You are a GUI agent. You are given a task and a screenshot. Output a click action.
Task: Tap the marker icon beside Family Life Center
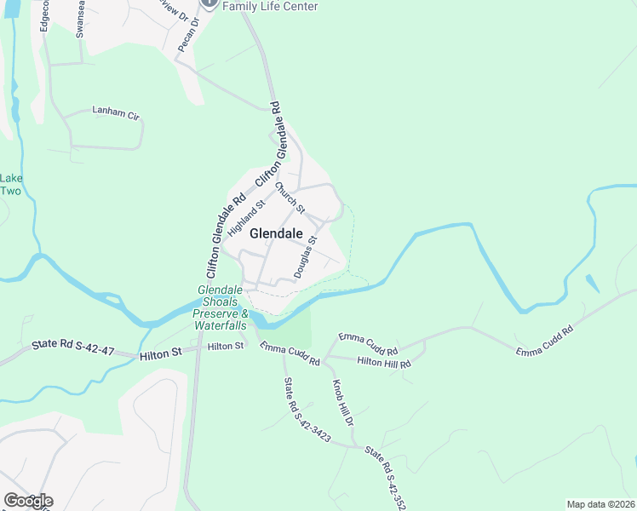point(209,4)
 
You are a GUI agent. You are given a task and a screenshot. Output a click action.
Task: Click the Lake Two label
point(10,185)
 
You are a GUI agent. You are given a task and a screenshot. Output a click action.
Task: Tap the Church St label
point(290,198)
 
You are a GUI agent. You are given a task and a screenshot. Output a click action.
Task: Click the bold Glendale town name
point(276,233)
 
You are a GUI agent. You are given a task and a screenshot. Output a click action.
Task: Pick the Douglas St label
point(305,257)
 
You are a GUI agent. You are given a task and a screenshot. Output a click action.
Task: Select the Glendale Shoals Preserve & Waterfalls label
point(221,307)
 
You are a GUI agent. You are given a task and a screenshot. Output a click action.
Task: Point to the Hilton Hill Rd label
point(384,363)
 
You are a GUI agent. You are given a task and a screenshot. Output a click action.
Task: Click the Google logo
point(27,501)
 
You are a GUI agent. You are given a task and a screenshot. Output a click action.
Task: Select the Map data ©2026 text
point(600,504)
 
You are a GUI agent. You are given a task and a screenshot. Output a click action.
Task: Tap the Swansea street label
point(80,19)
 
